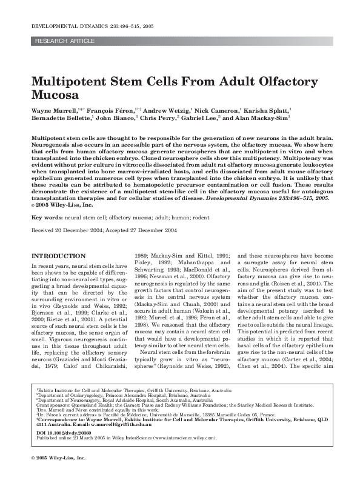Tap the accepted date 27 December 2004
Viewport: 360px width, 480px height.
pyautogui.click(x=150, y=231)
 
